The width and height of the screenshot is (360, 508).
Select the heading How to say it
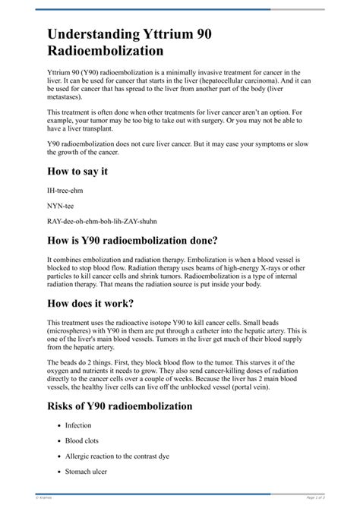[x=77, y=172]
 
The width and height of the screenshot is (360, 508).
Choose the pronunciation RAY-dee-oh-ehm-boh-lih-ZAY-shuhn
[x=102, y=221]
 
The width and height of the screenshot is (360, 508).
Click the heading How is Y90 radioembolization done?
[x=133, y=241]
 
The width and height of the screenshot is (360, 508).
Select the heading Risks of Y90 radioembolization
[x=120, y=406]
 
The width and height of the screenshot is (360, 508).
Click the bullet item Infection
[x=78, y=426]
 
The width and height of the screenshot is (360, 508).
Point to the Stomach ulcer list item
[x=87, y=471]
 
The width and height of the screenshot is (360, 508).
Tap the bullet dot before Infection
[x=58, y=426]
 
